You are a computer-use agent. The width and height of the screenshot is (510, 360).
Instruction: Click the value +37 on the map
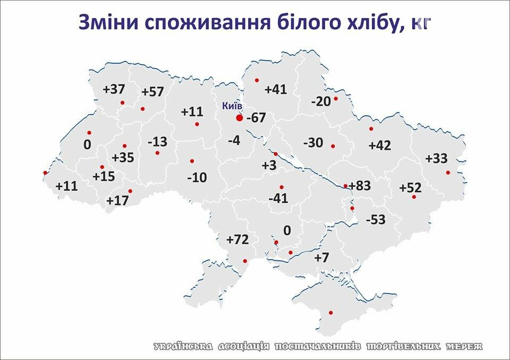click(x=113, y=89)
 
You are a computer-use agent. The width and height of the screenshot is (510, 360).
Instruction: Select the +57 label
click(x=152, y=91)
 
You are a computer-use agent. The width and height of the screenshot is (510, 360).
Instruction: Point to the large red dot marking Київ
click(x=239, y=118)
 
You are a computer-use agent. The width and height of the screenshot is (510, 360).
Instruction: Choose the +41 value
click(x=275, y=89)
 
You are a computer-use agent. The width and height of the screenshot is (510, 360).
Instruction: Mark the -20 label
click(x=321, y=102)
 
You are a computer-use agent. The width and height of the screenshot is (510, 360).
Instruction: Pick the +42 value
click(x=379, y=145)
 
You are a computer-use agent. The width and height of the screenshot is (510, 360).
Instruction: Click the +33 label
click(x=437, y=158)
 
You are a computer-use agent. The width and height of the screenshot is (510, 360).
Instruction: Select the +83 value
click(x=360, y=186)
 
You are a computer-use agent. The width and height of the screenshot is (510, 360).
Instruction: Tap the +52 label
click(x=410, y=187)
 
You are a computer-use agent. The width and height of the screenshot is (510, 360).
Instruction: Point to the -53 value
click(x=376, y=219)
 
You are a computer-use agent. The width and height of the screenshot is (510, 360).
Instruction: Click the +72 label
click(x=237, y=239)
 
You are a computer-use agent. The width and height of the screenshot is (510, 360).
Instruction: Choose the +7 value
click(x=321, y=258)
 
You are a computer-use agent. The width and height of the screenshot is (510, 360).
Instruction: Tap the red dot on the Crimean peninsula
click(x=330, y=312)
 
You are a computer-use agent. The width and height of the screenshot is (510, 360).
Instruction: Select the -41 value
click(x=278, y=199)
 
